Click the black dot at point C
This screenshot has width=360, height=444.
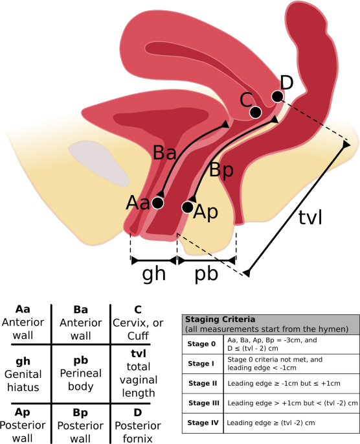point(255,112)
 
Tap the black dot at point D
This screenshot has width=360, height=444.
point(277,97)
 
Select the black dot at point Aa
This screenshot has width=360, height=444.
point(157,203)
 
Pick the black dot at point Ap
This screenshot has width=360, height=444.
point(188,207)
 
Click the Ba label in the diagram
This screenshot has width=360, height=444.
point(164,153)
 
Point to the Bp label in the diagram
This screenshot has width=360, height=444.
point(221,170)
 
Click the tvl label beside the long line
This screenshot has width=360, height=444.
point(310,218)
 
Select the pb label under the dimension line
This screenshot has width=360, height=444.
point(207,274)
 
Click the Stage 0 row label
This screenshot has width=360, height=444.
point(201,344)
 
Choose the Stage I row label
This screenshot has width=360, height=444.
point(201,363)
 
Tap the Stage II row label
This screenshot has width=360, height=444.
point(203,383)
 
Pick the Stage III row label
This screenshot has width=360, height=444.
point(203,403)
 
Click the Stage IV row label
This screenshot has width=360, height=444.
point(203,423)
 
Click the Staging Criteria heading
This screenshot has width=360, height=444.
point(220,320)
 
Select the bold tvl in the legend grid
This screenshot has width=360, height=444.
point(139,353)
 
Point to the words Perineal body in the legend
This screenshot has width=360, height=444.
point(80,380)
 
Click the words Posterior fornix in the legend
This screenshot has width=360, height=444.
point(138,432)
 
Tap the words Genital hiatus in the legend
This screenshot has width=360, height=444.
point(23,381)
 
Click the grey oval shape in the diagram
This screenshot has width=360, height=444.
point(98,163)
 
